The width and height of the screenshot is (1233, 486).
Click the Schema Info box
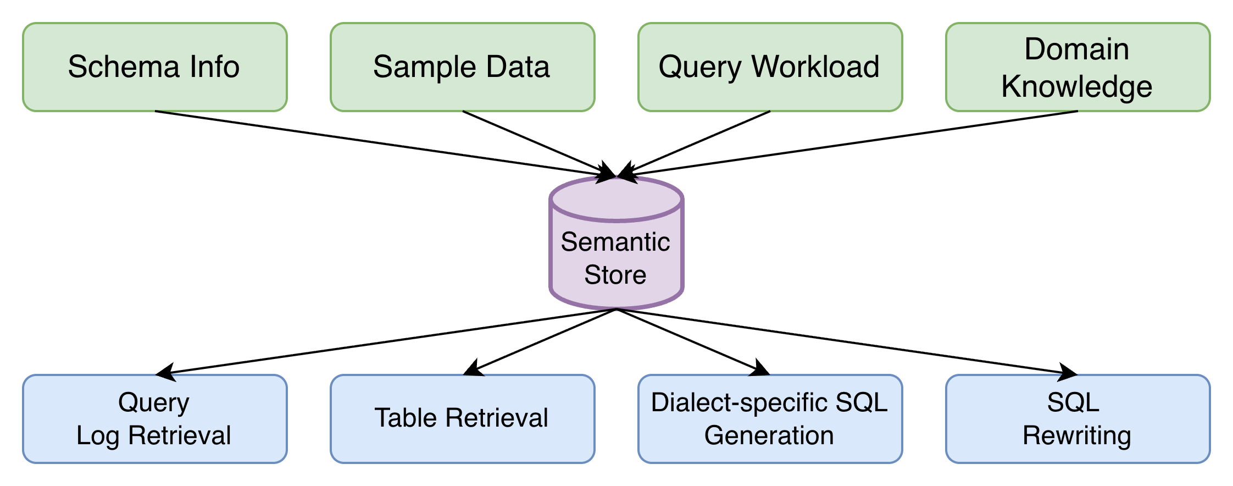point(154,67)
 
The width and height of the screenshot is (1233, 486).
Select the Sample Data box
point(462,67)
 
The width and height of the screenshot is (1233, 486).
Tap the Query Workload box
point(770,67)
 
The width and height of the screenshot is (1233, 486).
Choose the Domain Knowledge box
point(1078,67)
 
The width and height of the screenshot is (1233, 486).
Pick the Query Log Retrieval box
point(154,419)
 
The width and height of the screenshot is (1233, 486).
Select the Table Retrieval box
point(462,419)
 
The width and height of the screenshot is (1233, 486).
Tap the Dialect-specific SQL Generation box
point(770,419)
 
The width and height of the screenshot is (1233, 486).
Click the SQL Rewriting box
point(1078,419)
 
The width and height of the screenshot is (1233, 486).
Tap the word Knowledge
point(1076,87)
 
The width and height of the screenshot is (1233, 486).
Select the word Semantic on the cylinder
point(615,242)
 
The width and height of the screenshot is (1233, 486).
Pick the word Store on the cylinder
point(615,274)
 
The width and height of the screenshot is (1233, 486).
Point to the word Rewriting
point(1076,435)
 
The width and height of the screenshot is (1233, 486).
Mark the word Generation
point(769,435)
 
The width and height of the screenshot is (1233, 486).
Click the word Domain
point(1076,49)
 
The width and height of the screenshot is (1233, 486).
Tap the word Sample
point(416,67)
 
